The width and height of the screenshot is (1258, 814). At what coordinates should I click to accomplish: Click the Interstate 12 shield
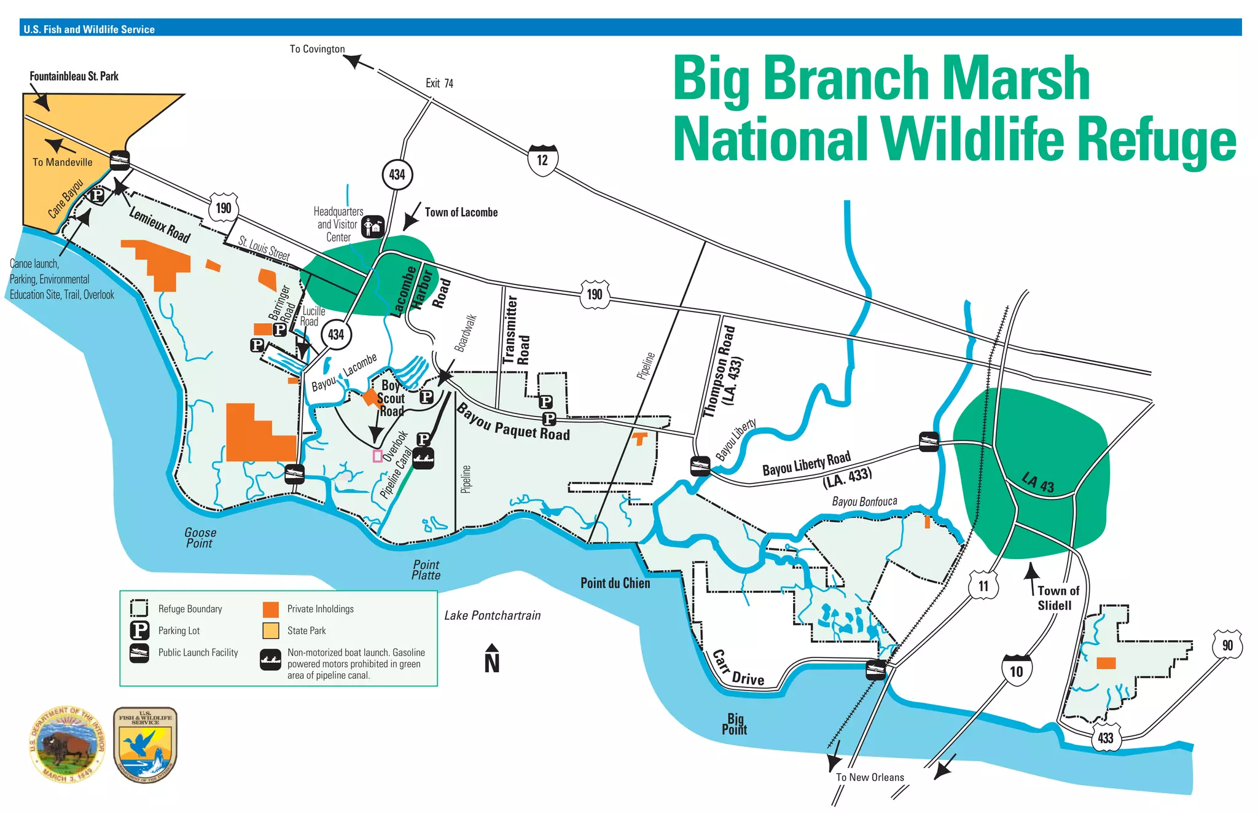point(542,160)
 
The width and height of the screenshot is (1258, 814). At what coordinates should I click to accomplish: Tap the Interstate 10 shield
point(1017,670)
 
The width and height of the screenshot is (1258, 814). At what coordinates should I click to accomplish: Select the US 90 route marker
point(1227,644)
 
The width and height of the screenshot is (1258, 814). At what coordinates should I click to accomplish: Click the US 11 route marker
point(983,585)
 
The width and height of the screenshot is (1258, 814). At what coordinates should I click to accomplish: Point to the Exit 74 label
point(439,83)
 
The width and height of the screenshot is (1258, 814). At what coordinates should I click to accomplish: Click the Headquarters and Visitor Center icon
point(373,226)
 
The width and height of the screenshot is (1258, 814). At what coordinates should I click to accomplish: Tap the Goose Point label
point(200,538)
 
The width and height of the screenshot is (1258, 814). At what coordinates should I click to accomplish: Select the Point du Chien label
point(615,583)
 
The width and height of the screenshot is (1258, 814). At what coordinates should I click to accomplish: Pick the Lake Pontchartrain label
point(492,616)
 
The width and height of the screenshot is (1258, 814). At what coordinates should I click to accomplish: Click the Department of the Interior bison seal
point(67,744)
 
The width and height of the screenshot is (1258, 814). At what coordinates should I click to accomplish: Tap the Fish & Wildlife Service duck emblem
point(146,744)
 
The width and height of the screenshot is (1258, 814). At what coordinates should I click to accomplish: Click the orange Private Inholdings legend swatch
point(270,609)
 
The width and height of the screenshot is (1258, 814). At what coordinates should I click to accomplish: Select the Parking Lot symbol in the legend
point(139,630)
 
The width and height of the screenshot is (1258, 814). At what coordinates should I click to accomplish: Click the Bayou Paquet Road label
point(513,423)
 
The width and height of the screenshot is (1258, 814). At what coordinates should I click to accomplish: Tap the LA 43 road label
point(1038,482)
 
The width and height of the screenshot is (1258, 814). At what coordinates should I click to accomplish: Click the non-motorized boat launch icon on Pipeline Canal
point(423,458)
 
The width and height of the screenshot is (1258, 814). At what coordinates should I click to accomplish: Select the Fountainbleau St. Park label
point(74,76)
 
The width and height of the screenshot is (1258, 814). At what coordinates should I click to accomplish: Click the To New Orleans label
point(870,777)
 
